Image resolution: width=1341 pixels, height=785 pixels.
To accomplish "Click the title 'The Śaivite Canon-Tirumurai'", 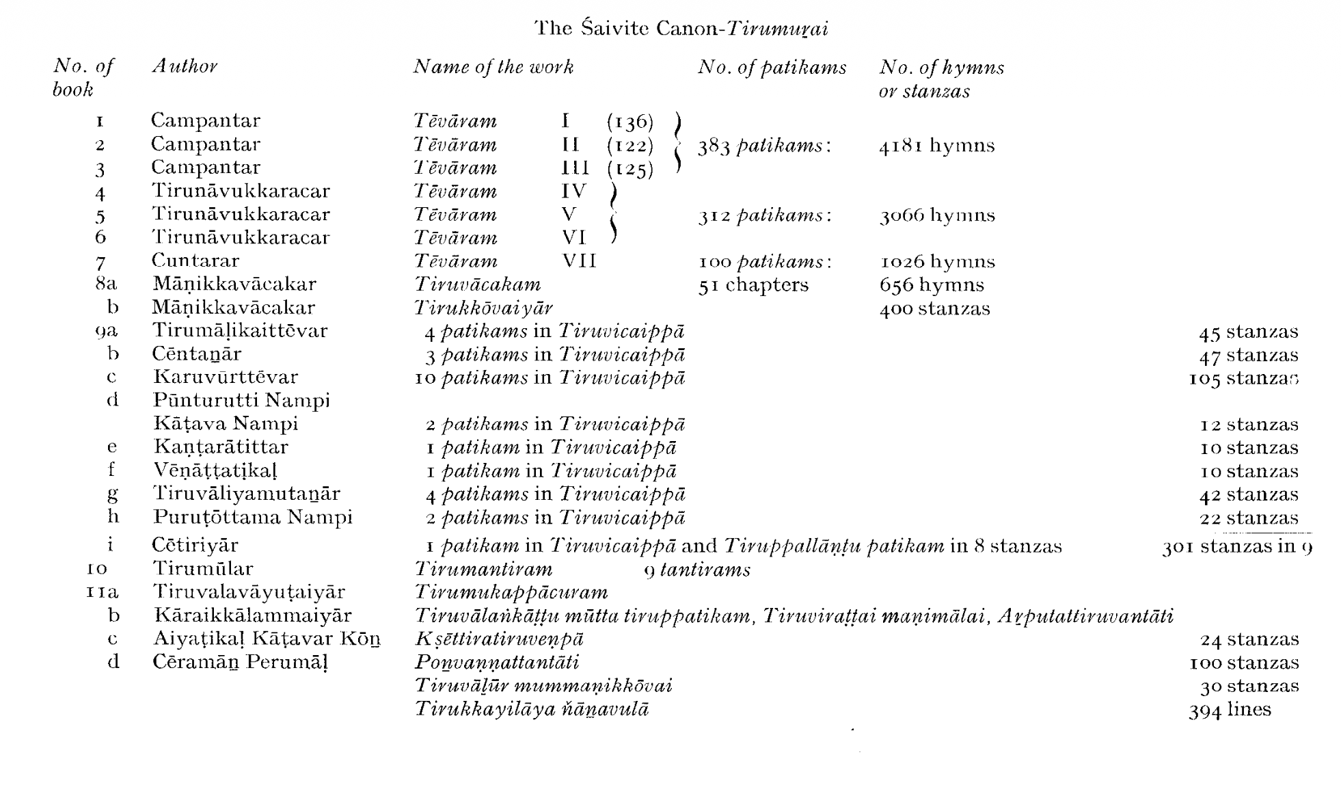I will click(681, 29).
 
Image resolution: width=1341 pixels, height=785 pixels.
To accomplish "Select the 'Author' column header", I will click(185, 66).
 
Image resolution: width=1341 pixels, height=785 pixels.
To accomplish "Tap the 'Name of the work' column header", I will click(493, 67).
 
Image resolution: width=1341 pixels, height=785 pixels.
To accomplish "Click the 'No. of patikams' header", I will click(772, 68).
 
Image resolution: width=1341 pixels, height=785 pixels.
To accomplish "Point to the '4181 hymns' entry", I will click(936, 146).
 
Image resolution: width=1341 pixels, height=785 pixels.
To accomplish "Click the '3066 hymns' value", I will click(936, 215).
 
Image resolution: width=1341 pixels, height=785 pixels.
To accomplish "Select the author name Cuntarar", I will click(195, 261).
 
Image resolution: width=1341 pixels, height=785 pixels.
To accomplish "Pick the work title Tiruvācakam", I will click(477, 284).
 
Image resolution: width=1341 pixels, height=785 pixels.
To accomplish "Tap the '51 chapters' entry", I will click(753, 285).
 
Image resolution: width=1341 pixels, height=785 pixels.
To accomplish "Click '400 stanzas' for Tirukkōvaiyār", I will click(934, 308).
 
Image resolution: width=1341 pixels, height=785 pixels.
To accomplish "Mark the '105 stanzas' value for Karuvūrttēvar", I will click(1243, 378).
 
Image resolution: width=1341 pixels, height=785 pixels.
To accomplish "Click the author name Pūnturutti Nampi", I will click(241, 401).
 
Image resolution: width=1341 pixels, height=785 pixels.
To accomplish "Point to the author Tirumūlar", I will click(202, 569).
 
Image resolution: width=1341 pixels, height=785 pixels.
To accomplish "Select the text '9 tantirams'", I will click(697, 570).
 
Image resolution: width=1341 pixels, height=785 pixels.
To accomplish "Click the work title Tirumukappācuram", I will click(511, 592).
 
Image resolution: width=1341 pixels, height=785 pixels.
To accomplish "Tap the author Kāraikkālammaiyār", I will click(252, 615).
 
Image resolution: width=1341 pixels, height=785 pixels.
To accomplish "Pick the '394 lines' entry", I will click(1230, 710).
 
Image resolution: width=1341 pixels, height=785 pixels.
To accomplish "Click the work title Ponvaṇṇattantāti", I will click(497, 663).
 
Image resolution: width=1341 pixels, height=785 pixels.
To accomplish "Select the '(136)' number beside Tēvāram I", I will click(629, 122).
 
